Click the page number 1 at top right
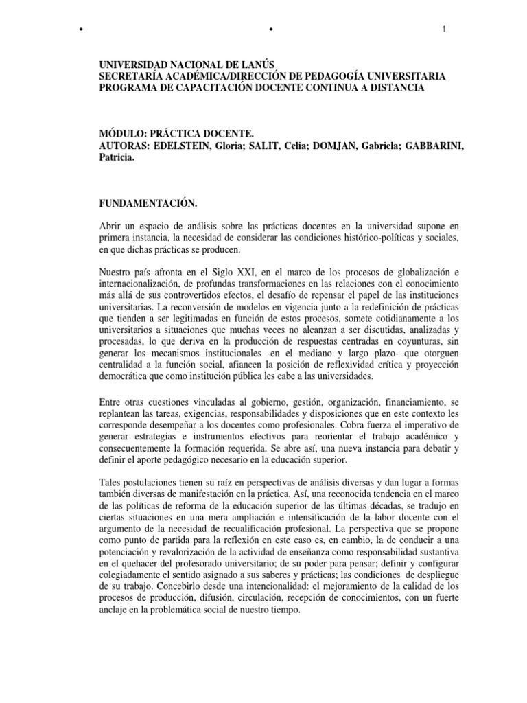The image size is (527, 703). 445,29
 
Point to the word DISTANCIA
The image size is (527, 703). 395,88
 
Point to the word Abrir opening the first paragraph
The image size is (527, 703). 112,226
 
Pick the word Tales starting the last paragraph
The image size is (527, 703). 111,484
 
